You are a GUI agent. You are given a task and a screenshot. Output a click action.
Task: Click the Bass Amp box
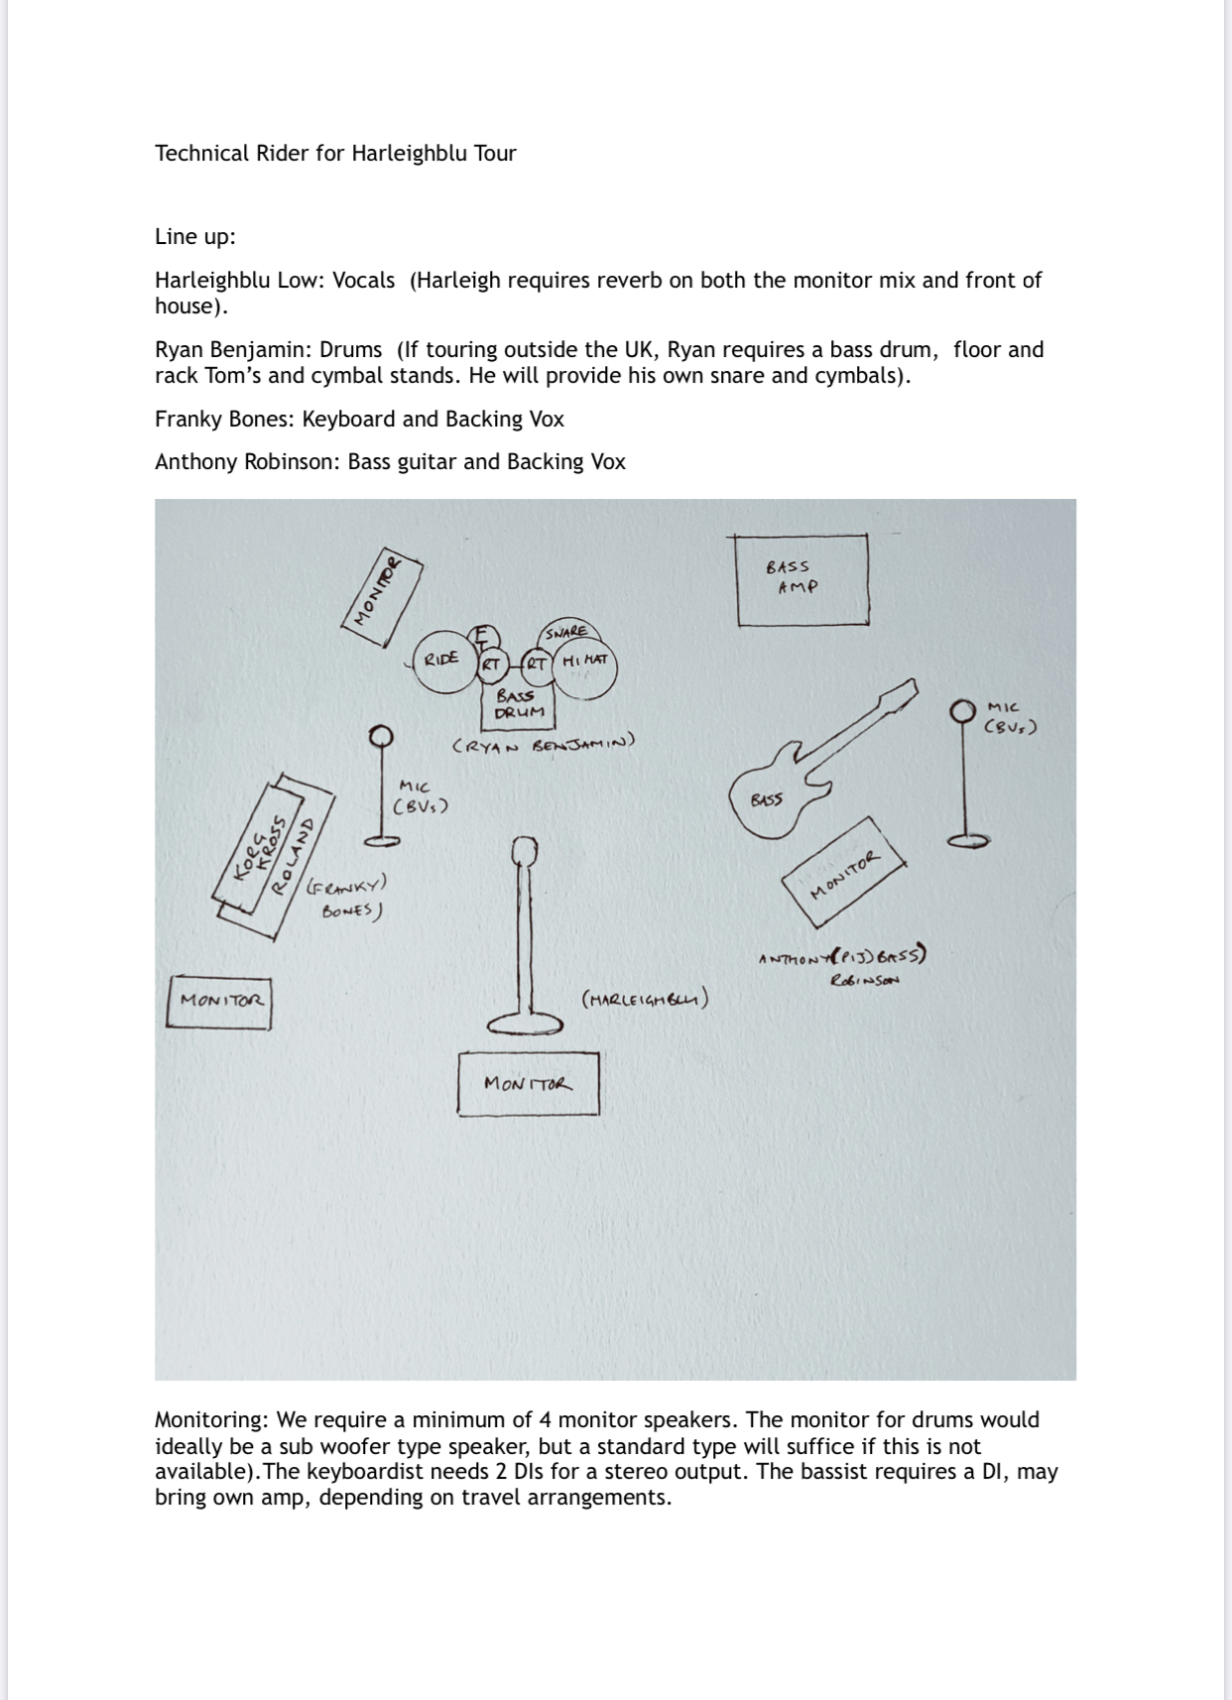tap(802, 579)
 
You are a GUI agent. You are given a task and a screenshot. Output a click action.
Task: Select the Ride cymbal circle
tap(442, 659)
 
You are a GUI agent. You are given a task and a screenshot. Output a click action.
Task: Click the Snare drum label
tap(566, 632)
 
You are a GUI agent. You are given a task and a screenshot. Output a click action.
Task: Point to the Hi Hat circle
tap(585, 662)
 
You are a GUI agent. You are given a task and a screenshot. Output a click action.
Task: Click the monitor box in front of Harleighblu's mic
tap(528, 1083)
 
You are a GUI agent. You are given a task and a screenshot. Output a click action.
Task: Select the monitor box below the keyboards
tap(219, 1001)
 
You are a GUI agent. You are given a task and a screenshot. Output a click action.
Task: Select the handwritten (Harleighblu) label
tap(645, 999)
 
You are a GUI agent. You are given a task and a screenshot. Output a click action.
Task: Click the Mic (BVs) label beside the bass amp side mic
tap(1010, 717)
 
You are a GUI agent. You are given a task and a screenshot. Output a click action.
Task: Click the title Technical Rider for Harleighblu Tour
tap(335, 153)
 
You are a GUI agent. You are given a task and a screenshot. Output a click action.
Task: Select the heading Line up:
tap(194, 236)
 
